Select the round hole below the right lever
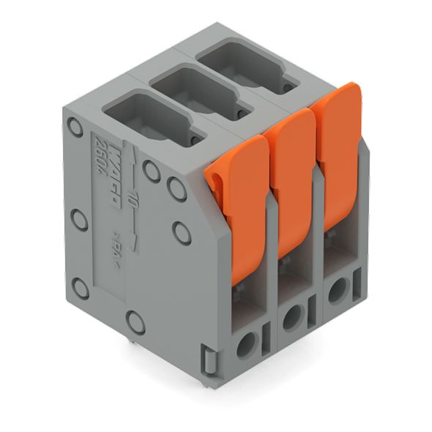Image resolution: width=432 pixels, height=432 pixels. tap(336, 291)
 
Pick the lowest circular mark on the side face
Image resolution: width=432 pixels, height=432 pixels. tap(134, 319)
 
